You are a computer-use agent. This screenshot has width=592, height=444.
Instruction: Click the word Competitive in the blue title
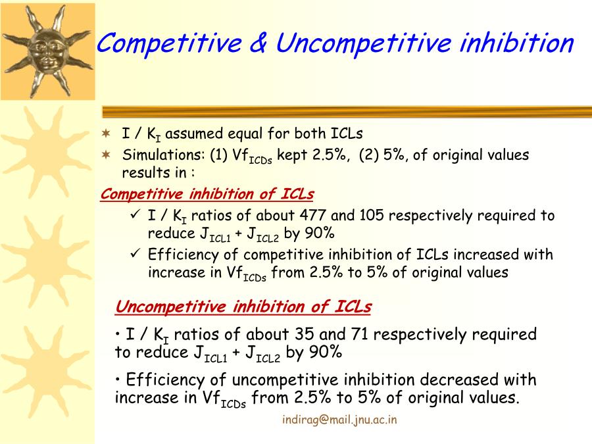tap(169, 42)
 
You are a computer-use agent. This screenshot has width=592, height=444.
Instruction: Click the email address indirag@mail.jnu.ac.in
tap(339, 420)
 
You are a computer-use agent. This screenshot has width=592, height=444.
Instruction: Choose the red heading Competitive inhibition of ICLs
tap(207, 194)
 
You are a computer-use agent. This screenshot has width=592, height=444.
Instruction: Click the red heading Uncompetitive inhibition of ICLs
tap(243, 307)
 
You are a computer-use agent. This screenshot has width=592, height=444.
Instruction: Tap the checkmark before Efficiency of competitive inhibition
tap(135, 253)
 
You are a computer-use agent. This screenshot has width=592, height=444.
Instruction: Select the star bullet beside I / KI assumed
tap(107, 134)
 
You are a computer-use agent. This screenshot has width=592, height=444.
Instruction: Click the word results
tap(146, 173)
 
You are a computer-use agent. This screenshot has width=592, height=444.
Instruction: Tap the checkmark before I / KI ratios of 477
tap(135, 214)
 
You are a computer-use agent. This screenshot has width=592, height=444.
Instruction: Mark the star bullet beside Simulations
tap(107, 155)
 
